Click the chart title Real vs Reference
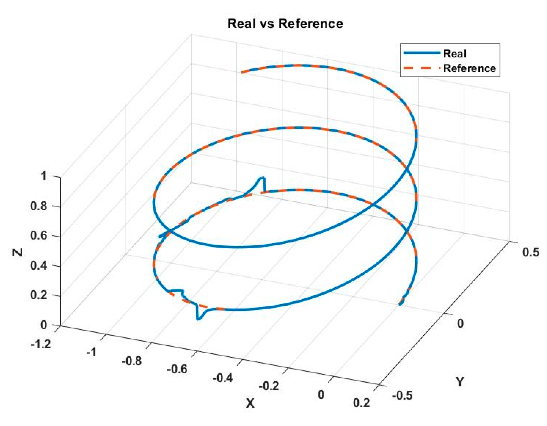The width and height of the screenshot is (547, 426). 285,24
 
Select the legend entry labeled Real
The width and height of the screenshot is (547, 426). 455,54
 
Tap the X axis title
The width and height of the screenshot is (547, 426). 250,403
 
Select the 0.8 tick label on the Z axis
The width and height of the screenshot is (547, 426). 38,206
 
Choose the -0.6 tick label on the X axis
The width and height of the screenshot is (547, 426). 177,369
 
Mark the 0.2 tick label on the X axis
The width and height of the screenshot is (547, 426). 361,403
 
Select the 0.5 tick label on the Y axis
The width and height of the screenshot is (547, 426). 530,252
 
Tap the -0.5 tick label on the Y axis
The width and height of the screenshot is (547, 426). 402,396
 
